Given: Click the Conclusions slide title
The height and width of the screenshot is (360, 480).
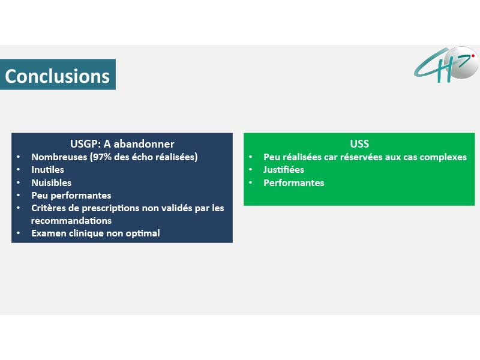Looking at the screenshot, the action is (x=57, y=76).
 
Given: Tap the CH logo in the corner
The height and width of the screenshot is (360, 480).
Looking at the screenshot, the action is (x=446, y=64).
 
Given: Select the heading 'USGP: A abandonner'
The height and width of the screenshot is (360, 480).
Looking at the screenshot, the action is (x=122, y=144).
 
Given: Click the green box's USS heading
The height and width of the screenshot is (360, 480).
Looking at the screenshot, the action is (x=359, y=144).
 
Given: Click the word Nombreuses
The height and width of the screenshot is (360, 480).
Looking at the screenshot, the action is (x=59, y=157).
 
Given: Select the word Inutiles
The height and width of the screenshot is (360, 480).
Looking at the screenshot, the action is (x=47, y=170).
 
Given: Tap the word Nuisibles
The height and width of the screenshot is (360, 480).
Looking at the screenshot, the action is (x=51, y=183).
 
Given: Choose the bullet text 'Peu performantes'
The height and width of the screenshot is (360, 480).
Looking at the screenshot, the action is (x=71, y=196).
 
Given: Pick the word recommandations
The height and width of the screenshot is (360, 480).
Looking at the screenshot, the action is (x=71, y=221).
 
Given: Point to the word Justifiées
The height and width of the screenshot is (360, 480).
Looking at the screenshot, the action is (x=283, y=170).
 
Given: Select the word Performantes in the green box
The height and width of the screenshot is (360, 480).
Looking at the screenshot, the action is (x=293, y=183).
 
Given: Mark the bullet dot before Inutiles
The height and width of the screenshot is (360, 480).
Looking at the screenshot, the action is (x=19, y=169).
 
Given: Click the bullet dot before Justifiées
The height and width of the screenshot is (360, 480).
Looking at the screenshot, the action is (x=250, y=169).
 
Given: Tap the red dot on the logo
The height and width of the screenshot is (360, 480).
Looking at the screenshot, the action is (x=473, y=56).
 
